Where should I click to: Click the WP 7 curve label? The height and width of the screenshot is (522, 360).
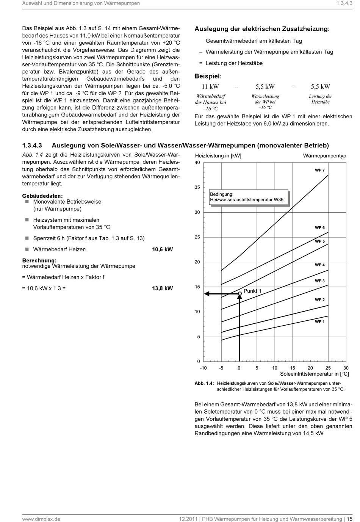(x=319, y=170)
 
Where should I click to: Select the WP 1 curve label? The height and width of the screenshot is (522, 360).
(x=319, y=321)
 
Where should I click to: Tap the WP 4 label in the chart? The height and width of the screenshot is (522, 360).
(x=319, y=265)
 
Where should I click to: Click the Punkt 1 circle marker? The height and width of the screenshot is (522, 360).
(x=239, y=293)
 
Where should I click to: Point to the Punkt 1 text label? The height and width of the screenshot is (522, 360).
(x=252, y=291)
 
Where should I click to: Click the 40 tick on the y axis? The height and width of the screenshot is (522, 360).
(x=197, y=163)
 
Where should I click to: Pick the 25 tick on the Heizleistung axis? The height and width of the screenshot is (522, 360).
(x=197, y=237)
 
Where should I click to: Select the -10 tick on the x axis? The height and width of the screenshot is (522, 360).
(x=203, y=368)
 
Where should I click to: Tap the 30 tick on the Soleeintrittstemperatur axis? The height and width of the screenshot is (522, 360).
(x=346, y=368)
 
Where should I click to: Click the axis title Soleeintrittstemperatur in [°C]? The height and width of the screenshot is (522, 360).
(x=314, y=374)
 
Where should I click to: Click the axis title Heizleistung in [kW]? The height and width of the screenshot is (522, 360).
(x=218, y=156)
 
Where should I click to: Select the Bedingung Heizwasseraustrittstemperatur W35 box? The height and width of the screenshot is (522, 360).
(x=249, y=197)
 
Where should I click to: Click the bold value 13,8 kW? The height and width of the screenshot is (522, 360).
(x=162, y=288)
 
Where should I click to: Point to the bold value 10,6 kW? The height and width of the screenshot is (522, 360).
(x=162, y=249)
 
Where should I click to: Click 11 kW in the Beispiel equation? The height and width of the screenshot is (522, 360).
(x=210, y=86)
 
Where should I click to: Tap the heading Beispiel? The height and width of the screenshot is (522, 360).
(x=208, y=76)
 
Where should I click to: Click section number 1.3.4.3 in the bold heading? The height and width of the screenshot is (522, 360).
(x=33, y=145)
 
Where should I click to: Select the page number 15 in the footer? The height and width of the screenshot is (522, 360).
(x=349, y=519)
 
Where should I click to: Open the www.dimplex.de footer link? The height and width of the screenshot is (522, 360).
(x=41, y=519)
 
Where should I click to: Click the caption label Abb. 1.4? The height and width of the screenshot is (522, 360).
(x=204, y=383)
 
